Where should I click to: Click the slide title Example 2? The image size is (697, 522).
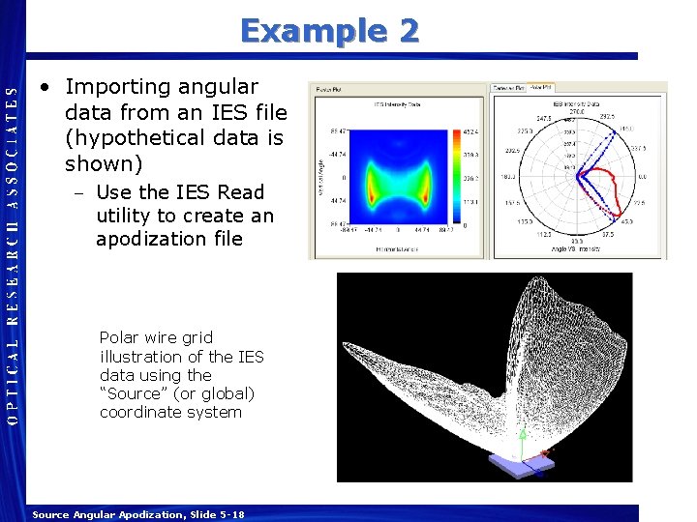pyautogui.click(x=329, y=31)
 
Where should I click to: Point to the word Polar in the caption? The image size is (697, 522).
pyautogui.click(x=119, y=338)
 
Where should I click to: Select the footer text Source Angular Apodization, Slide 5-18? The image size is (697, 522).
pyautogui.click(x=137, y=515)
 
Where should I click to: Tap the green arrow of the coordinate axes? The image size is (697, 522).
pyautogui.click(x=521, y=444)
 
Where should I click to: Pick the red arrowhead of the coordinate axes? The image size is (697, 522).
pyautogui.click(x=545, y=451)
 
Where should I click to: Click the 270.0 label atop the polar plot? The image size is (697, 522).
pyautogui.click(x=577, y=111)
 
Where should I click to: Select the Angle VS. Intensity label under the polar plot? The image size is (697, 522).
pyautogui.click(x=577, y=252)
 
